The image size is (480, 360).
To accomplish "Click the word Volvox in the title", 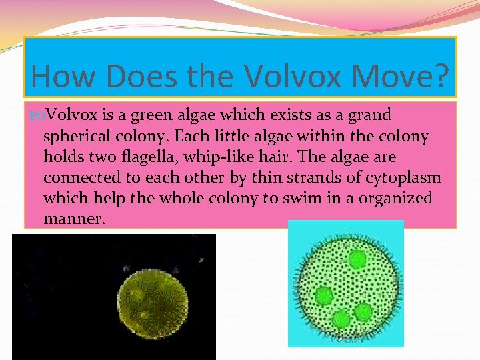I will (291, 76).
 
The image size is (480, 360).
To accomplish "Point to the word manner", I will (73, 219).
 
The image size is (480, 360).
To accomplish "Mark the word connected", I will (77, 178).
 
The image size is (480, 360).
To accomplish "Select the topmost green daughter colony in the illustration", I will (357, 259).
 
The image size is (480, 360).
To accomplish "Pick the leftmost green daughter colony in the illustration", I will (325, 295).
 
